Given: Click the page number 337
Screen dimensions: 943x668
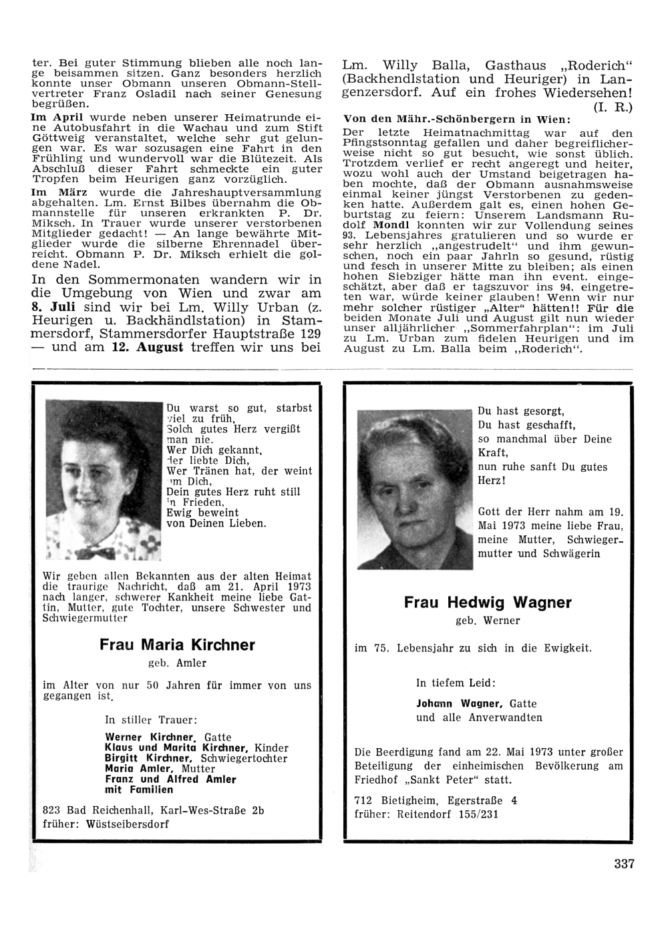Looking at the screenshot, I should pyautogui.click(x=624, y=864).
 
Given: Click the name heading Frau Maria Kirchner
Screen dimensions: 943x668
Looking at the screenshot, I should pyautogui.click(x=177, y=645).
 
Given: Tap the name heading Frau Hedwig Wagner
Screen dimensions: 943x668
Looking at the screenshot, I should pyautogui.click(x=488, y=603).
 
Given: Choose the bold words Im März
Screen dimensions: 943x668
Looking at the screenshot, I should pyautogui.click(x=54, y=192).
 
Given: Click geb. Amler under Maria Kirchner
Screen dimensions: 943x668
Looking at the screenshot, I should pyautogui.click(x=177, y=663).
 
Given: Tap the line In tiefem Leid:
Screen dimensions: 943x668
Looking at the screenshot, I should pyautogui.click(x=456, y=683).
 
